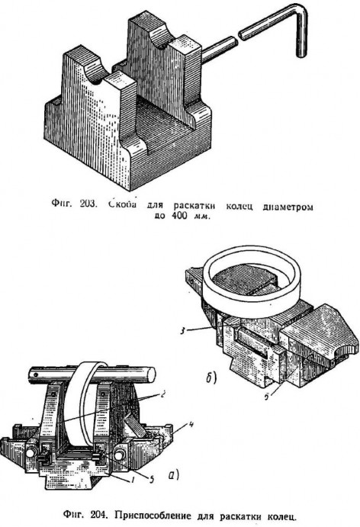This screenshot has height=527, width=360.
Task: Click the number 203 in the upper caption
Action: tap(88, 204)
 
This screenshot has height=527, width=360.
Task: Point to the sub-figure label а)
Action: tap(173, 476)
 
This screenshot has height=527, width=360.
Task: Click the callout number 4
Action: tap(191, 424)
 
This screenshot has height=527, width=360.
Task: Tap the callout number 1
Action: tap(133, 480)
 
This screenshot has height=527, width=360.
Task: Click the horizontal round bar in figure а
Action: tap(91, 374)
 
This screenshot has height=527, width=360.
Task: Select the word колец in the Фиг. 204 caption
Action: tap(281, 516)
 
